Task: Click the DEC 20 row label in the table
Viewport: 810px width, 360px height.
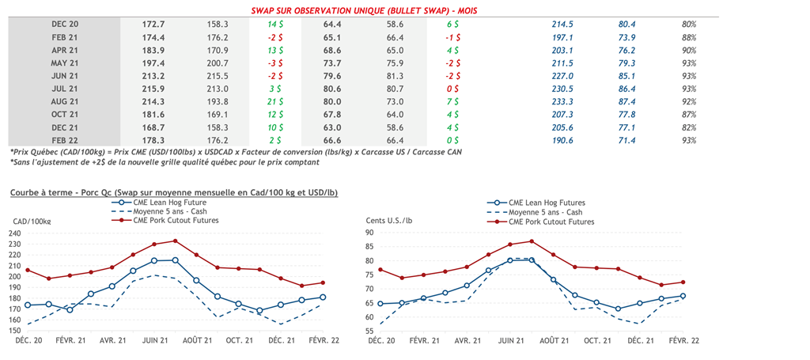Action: tap(64, 25)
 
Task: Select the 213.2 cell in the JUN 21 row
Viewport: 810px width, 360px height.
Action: tap(151, 76)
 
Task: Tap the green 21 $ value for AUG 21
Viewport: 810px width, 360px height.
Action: tap(275, 102)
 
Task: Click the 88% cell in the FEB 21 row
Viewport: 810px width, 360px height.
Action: tap(688, 37)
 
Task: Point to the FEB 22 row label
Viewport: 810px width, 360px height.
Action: tap(64, 140)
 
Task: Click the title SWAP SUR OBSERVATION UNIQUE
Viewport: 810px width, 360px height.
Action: tap(363, 10)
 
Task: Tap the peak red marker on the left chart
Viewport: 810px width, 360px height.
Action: tap(176, 241)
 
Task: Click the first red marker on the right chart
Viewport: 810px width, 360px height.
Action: tap(380, 270)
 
